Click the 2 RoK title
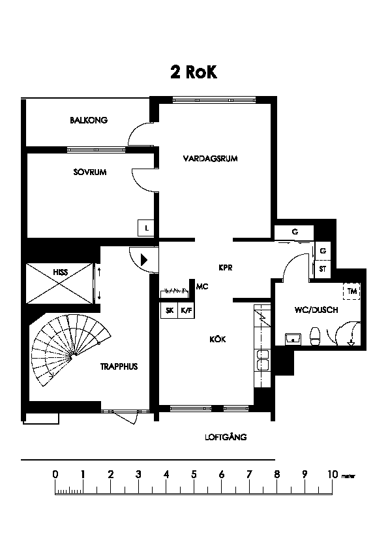194,72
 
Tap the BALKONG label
89,120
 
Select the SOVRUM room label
90,172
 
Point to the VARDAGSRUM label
210,159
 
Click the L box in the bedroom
146,228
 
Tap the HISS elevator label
61,272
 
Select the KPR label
226,268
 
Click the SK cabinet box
170,310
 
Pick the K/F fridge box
187,310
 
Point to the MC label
202,287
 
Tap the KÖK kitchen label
217,339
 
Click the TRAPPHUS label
119,366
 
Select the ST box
323,269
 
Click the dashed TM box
352,291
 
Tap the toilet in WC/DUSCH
315,336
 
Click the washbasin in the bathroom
293,339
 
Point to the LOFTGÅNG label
226,437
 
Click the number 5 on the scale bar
194,475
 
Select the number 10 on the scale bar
333,475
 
